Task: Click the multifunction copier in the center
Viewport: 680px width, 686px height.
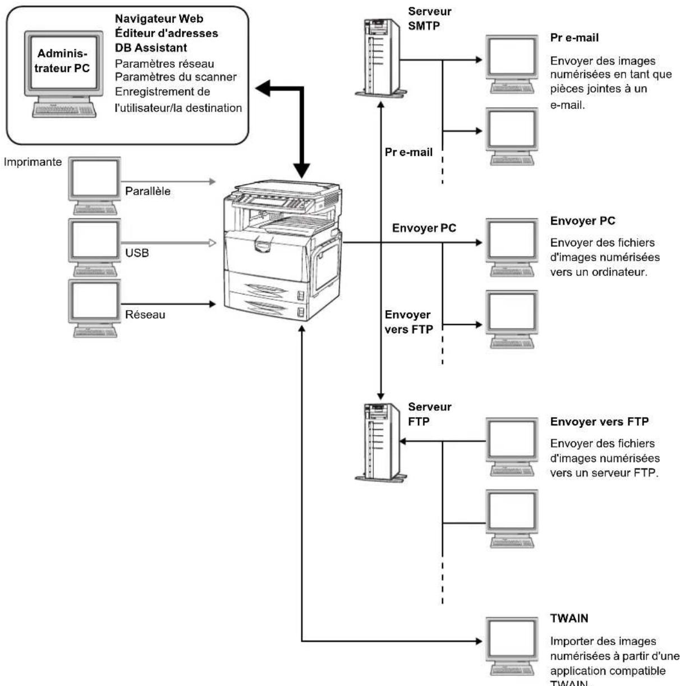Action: (281, 250)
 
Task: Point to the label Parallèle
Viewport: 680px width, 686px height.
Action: (148, 191)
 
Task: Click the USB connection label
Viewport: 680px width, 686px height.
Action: (137, 254)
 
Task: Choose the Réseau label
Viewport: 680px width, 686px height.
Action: (145, 315)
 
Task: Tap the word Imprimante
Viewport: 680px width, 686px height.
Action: (33, 162)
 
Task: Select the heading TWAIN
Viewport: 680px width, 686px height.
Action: (569, 618)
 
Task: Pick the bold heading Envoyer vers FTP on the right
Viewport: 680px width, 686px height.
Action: (599, 422)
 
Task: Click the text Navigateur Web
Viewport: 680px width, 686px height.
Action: (159, 19)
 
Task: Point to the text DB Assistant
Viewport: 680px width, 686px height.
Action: (151, 48)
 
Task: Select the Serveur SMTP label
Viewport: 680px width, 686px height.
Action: (429, 18)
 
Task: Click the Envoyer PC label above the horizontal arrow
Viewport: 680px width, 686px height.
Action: (424, 228)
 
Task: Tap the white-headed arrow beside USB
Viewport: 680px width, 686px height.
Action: (212, 243)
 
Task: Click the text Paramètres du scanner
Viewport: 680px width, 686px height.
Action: (176, 77)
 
